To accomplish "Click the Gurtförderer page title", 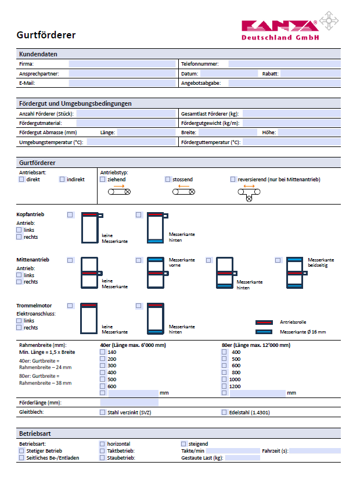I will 46,35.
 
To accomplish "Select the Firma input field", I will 122,64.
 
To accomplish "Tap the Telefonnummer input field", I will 283,64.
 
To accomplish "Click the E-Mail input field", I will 122,83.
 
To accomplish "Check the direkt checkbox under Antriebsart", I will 21,180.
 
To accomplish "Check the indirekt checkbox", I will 62,180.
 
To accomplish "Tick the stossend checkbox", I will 168,180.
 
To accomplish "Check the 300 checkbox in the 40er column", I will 103,366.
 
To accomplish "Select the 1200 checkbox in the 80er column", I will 224,386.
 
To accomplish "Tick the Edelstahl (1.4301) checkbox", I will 224,413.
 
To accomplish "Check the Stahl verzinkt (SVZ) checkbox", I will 103,413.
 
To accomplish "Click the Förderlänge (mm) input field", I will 129,402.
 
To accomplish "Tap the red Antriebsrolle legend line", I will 264,322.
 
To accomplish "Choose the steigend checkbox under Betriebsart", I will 183,444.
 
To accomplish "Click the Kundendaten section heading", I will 38,54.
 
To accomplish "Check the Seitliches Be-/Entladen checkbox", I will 21,458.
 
